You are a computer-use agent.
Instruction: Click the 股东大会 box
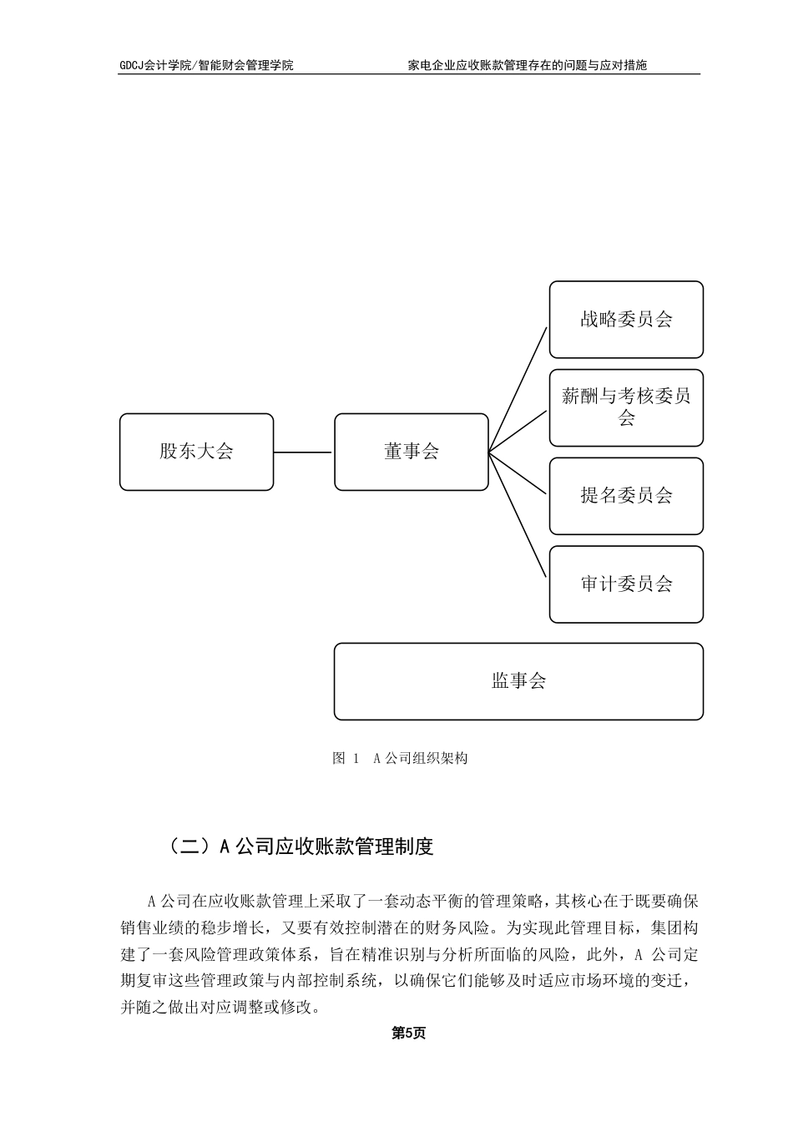[196, 452]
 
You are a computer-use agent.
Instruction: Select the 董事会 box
[411, 452]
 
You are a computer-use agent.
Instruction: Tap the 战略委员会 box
[626, 320]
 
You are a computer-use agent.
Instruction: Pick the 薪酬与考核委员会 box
[626, 407]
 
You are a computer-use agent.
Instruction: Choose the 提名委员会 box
[626, 496]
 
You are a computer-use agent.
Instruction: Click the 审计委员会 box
[626, 584]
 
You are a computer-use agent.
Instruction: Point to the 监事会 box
[518, 681]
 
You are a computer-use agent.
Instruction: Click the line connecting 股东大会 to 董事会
[303, 452]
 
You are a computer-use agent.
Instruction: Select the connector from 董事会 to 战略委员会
[518, 390]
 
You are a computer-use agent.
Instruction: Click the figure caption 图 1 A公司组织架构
[400, 758]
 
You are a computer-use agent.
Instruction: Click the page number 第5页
[409, 1034]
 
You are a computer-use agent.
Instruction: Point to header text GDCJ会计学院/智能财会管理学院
[206, 65]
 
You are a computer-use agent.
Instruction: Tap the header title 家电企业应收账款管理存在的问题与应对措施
[527, 65]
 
